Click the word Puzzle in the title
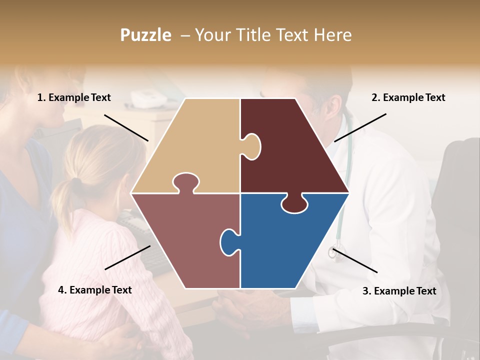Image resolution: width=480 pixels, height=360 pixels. click(x=145, y=35)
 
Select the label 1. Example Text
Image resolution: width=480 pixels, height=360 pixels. click(x=74, y=98)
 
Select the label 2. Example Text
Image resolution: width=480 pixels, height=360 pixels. click(x=408, y=98)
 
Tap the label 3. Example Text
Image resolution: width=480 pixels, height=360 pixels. click(x=399, y=291)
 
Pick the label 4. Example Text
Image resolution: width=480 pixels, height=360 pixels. click(x=95, y=290)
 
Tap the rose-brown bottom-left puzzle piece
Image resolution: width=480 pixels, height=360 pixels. click(x=185, y=240)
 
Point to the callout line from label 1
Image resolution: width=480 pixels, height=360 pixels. click(x=126, y=127)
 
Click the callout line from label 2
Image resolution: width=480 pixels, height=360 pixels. click(x=360, y=127)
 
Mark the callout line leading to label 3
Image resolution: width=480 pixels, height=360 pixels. click(x=355, y=260)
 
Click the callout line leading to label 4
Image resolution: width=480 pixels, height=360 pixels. click(x=127, y=257)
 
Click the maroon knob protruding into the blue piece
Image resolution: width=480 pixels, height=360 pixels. click(x=294, y=203)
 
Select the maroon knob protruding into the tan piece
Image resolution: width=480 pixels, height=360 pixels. click(x=251, y=145)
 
